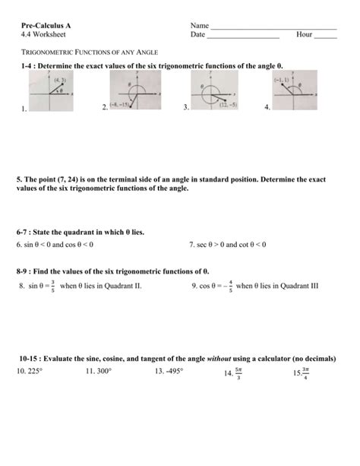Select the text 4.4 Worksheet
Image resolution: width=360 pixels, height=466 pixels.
pos(39,35)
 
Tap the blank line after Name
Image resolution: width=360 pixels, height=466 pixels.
pos(273,27)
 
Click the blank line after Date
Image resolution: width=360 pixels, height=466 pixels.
pos(243,37)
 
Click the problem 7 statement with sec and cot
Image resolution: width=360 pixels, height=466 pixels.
pos(227,245)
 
